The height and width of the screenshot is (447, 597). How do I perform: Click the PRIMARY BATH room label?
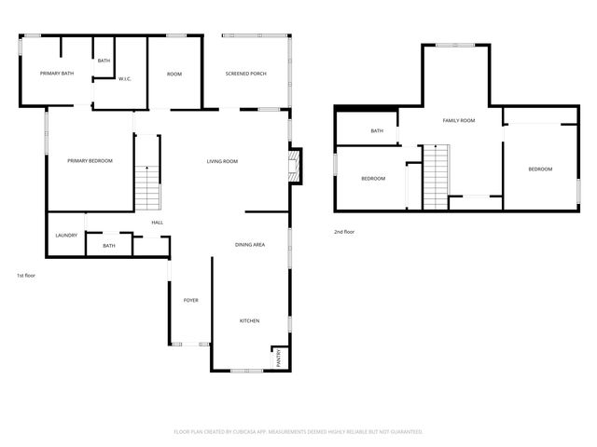click(56, 73)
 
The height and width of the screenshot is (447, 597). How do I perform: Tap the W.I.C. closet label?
click(124, 78)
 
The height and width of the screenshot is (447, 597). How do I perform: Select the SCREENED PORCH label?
click(246, 73)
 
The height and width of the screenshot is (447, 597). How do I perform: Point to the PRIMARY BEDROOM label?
click(90, 161)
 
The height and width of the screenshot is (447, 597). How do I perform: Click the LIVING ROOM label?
click(222, 161)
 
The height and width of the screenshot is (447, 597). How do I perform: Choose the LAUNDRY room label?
click(65, 236)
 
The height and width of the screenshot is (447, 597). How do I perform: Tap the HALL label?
click(157, 223)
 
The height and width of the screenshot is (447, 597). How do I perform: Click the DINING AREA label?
click(250, 244)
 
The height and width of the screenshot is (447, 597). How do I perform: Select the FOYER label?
click(190, 300)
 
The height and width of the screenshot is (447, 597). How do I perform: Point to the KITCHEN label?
click(249, 320)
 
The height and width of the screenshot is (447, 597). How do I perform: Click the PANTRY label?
click(278, 358)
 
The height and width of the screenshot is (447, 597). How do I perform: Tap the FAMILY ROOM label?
click(459, 120)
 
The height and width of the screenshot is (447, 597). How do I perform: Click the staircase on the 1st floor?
click(147, 186)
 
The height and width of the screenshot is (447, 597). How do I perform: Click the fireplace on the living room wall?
click(293, 167)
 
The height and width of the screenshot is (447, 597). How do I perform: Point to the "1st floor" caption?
click(26, 276)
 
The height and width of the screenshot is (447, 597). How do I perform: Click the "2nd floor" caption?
click(344, 232)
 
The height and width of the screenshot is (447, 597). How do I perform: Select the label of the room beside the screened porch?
click(174, 74)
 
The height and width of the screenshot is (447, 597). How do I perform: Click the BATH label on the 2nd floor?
click(377, 131)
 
